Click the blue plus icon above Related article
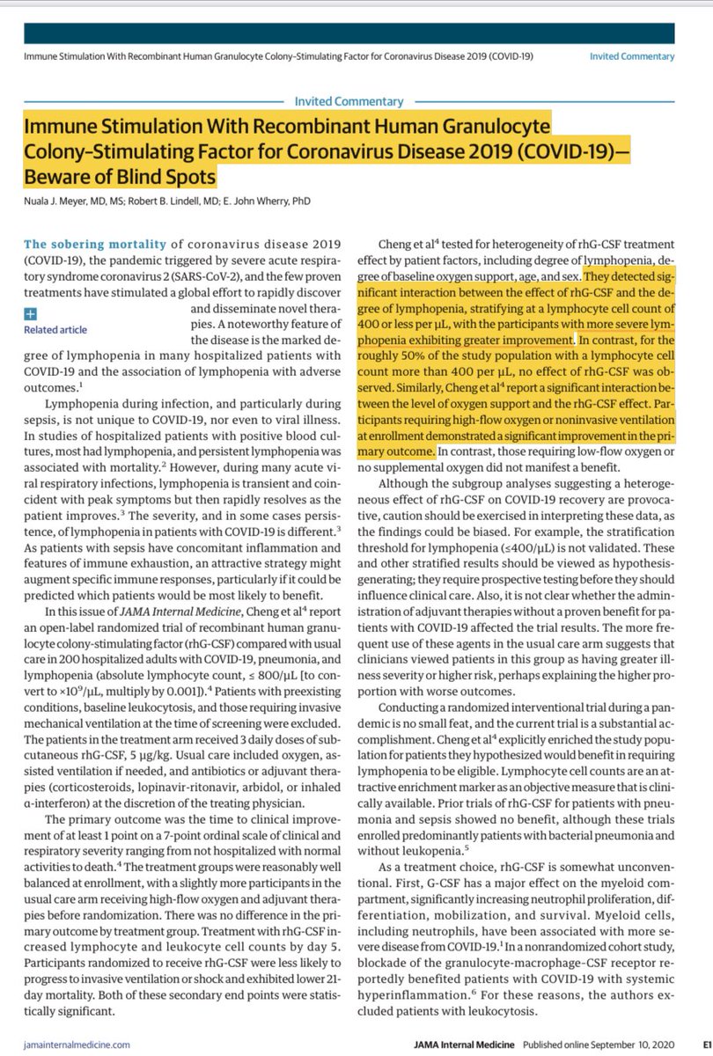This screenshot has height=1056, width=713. click(x=31, y=312)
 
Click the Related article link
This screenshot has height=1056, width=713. click(x=55, y=330)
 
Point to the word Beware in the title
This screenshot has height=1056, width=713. click(x=62, y=178)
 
